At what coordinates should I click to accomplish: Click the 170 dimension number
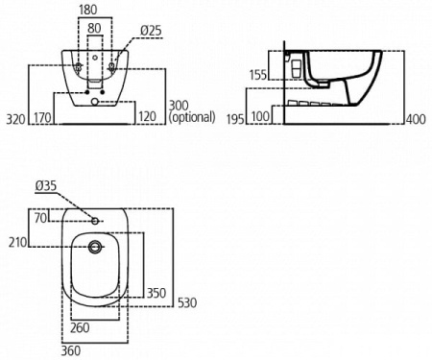[42, 118]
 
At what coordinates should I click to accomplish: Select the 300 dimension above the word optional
[180, 104]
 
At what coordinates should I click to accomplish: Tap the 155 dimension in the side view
[257, 74]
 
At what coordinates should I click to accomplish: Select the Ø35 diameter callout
[47, 184]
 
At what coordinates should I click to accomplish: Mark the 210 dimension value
[15, 243]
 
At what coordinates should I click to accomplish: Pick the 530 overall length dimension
[188, 303]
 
